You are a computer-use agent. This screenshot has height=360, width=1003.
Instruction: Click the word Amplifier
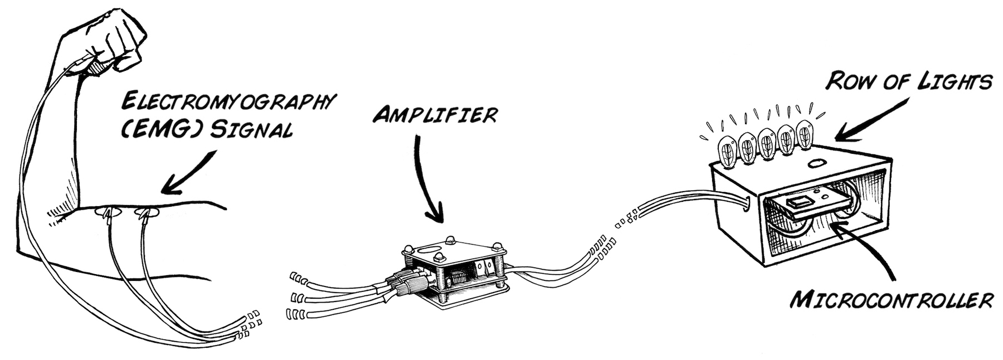[435, 115]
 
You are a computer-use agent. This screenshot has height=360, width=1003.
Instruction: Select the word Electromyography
[228, 103]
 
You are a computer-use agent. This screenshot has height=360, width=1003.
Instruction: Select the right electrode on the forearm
[148, 212]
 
